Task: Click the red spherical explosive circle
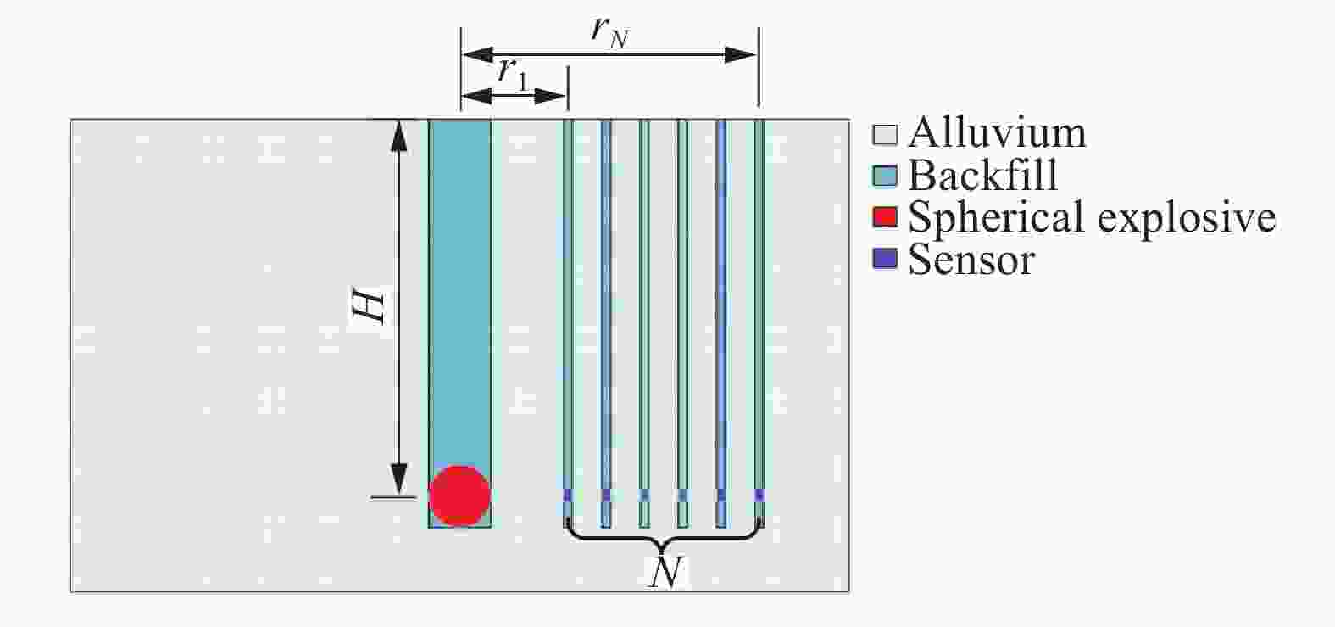(459, 496)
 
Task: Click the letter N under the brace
(665, 571)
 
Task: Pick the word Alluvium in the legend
(997, 133)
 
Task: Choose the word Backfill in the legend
(982, 175)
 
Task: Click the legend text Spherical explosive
(1092, 217)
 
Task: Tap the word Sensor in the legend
(971, 260)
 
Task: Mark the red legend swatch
(885, 217)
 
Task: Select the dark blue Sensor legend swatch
(885, 260)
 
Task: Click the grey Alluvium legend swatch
(885, 134)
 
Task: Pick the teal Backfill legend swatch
(885, 176)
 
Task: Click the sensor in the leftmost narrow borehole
(568, 495)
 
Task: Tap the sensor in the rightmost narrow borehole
(759, 495)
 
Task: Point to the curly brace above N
(665, 537)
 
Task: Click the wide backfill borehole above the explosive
(459, 288)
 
